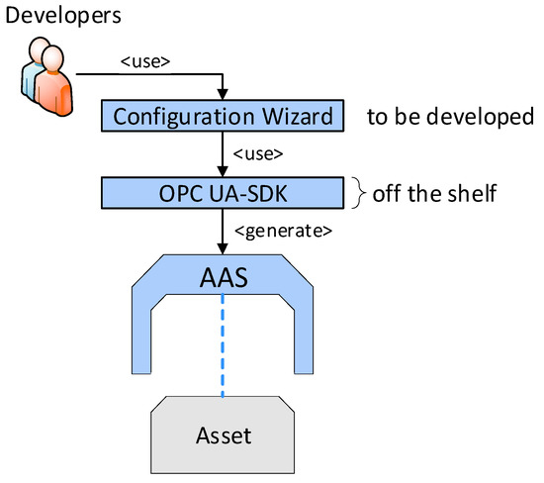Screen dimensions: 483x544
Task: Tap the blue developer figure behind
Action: tap(34, 66)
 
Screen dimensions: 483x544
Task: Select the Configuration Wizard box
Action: tap(225, 117)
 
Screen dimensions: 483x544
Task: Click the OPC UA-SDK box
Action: tap(225, 192)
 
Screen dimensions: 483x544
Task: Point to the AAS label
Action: tap(224, 280)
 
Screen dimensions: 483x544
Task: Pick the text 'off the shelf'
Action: tap(433, 192)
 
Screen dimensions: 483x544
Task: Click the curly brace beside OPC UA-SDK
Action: tap(359, 192)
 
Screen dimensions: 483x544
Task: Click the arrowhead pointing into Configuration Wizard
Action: tap(225, 96)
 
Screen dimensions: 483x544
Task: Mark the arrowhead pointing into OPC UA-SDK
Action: tap(225, 170)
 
